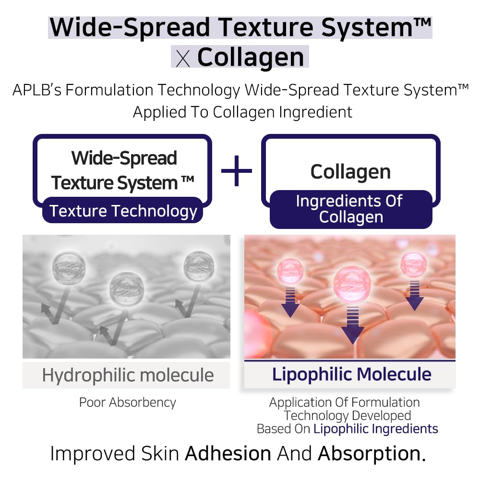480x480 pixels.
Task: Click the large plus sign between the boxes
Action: (x=237, y=170)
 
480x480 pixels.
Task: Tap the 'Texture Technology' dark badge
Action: (x=123, y=211)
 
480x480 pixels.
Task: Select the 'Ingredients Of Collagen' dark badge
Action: (x=350, y=209)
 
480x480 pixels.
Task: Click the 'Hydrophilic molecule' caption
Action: (x=128, y=375)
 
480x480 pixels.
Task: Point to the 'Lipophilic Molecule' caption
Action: (x=351, y=374)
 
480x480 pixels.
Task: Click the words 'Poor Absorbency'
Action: (x=128, y=402)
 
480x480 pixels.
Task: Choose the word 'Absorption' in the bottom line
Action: (x=372, y=453)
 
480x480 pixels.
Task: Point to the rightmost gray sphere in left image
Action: (x=199, y=265)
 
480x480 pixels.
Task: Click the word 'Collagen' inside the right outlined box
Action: (x=350, y=171)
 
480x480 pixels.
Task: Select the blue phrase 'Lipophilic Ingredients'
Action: (x=376, y=429)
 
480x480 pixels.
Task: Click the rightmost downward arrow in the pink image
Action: (x=414, y=295)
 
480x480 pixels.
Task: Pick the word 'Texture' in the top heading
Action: (x=276, y=27)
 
